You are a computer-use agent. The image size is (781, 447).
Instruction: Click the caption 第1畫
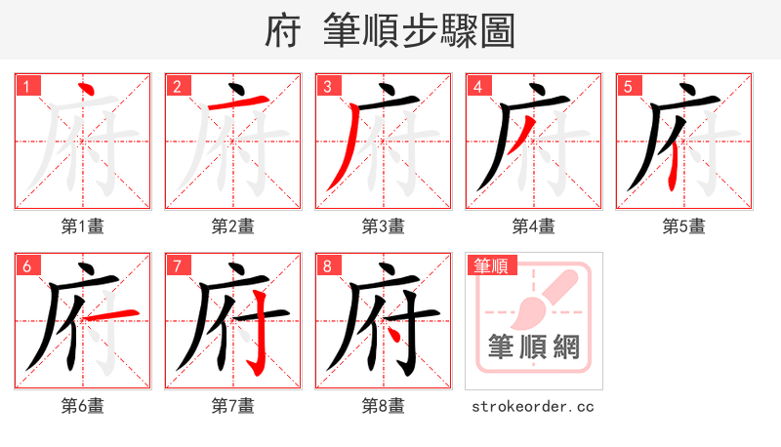click(83, 226)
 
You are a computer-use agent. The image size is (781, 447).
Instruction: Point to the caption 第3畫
click(384, 226)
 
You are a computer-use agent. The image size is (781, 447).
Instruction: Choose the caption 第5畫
click(684, 226)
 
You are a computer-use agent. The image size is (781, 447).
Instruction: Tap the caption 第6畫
click(83, 406)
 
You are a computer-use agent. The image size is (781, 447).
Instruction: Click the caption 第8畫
click(384, 406)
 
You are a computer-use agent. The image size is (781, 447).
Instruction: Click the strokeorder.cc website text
click(533, 406)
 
